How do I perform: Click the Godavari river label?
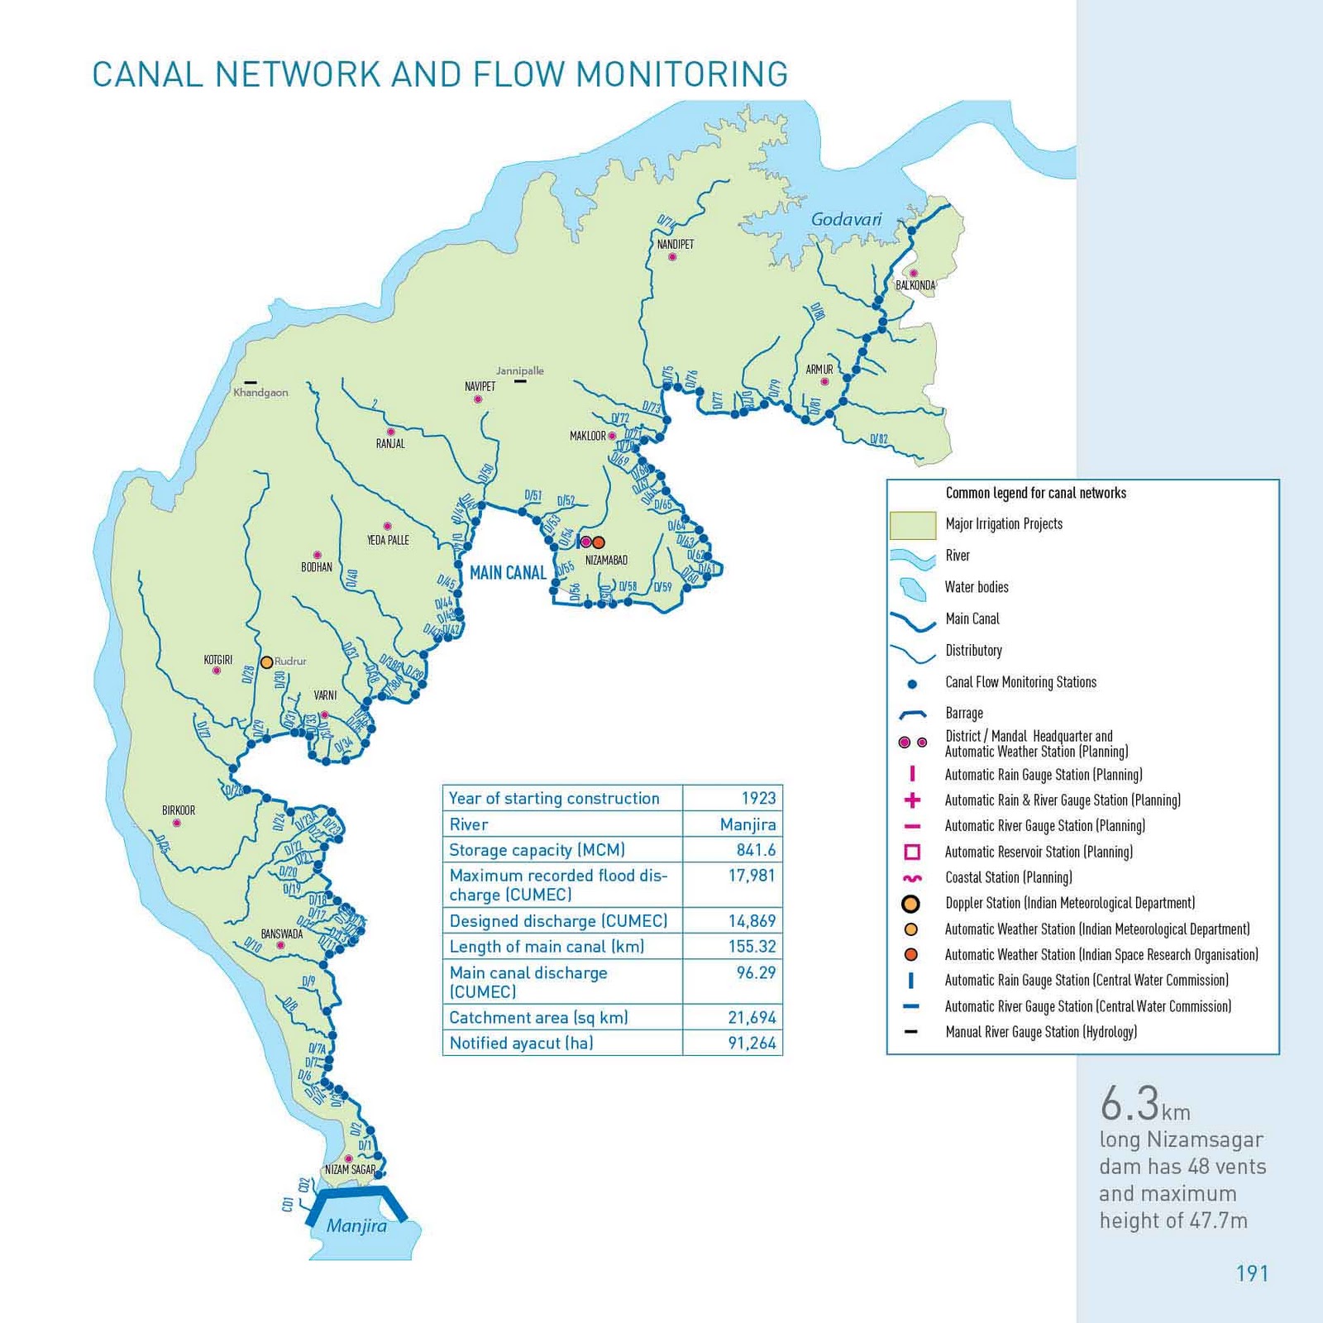pyautogui.click(x=846, y=220)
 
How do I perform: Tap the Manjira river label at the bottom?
pyautogui.click(x=356, y=1225)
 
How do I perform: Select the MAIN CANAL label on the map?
pyautogui.click(x=508, y=572)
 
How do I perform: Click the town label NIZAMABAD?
pyautogui.click(x=606, y=560)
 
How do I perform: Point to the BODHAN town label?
pyautogui.click(x=317, y=567)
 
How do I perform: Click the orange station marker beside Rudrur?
pyautogui.click(x=266, y=662)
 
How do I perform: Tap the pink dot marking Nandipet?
pyautogui.click(x=672, y=257)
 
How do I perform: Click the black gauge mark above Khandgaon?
pyautogui.click(x=251, y=382)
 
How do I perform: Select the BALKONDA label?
pyautogui.click(x=915, y=285)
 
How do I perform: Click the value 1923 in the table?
pyautogui.click(x=758, y=798)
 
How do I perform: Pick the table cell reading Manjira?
pyautogui.click(x=747, y=824)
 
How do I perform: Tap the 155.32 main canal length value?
pyautogui.click(x=752, y=947)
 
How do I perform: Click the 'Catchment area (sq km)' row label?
pyautogui.click(x=538, y=1018)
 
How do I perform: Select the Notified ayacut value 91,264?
pyautogui.click(x=752, y=1044)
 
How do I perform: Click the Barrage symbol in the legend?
pyautogui.click(x=912, y=714)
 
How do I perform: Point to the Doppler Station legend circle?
pyautogui.click(x=911, y=904)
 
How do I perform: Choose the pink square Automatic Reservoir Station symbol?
pyautogui.click(x=912, y=852)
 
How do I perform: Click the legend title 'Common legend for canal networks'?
pyautogui.click(x=1035, y=493)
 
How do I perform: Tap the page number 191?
pyautogui.click(x=1252, y=1273)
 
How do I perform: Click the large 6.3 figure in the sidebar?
pyautogui.click(x=1130, y=1103)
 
